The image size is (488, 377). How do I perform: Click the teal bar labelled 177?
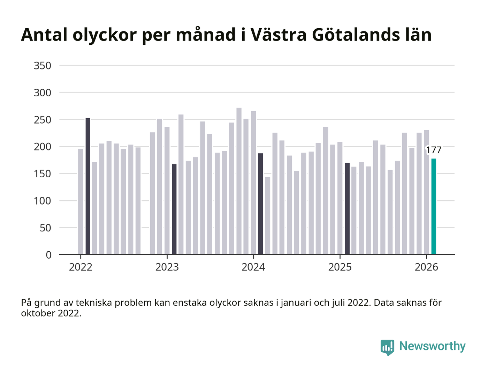point(434,206)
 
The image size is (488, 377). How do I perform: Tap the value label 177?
point(434,150)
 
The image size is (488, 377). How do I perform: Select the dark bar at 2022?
point(88,186)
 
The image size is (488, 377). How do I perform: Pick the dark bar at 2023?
point(174,209)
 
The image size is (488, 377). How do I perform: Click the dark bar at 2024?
point(260,204)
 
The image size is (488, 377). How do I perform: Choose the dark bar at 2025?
point(347,208)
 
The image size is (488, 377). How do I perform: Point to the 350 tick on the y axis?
point(43,66)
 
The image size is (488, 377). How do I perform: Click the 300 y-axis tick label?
point(43,93)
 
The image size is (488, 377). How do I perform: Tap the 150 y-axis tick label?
point(43,174)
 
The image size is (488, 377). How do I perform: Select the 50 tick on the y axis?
point(45,228)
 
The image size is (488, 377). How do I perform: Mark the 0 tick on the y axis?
point(48,255)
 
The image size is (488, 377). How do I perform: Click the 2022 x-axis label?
point(81,267)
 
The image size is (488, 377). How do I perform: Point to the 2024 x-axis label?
point(253,267)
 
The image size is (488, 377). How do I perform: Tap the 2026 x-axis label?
point(426,267)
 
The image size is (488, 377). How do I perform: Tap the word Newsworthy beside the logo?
point(432,346)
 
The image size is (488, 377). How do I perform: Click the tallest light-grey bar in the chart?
point(239,181)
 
